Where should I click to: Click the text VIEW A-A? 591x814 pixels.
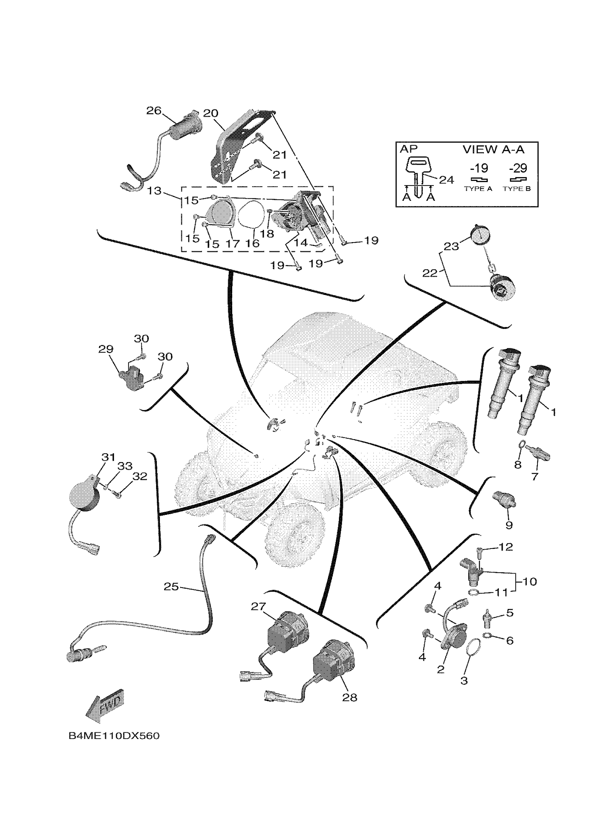(x=493, y=149)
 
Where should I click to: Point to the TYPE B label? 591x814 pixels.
(x=517, y=189)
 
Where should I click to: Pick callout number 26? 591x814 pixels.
(x=154, y=110)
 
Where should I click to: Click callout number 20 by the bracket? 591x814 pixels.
(x=210, y=113)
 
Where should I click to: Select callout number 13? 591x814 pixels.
(x=154, y=191)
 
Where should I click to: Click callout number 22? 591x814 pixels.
(x=430, y=273)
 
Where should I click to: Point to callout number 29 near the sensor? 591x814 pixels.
(x=106, y=349)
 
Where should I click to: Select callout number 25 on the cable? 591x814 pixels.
(x=171, y=587)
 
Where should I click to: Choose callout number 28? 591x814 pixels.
(x=350, y=698)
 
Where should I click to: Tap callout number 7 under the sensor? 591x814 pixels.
(x=535, y=477)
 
